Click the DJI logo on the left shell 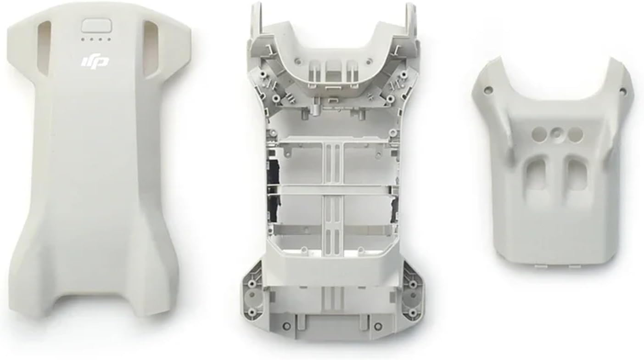[95, 62]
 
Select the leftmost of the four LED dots [84, 39]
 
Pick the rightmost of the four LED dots [109, 39]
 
